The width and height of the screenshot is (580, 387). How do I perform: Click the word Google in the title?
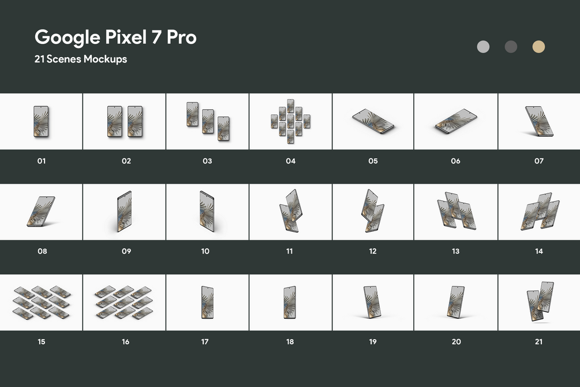click(68, 38)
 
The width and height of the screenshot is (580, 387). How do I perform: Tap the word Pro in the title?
click(181, 37)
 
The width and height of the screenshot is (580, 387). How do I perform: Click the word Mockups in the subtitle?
click(105, 59)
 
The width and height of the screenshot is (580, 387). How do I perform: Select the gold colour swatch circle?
click(538, 47)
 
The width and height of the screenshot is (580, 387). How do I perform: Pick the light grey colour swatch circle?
click(483, 47)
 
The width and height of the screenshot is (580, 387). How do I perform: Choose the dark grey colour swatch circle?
click(511, 47)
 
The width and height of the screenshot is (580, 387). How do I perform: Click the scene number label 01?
click(42, 161)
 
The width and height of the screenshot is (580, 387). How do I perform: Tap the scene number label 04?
click(290, 161)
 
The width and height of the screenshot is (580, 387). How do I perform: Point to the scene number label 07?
click(539, 161)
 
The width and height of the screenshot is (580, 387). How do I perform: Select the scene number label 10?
click(205, 251)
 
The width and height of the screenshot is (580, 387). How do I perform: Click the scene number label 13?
click(456, 251)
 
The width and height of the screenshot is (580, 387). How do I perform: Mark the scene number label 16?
click(126, 341)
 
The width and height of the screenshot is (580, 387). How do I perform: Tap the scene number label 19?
click(373, 341)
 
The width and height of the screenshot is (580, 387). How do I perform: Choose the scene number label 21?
click(538, 341)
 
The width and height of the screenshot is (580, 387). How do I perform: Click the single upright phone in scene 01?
click(41, 121)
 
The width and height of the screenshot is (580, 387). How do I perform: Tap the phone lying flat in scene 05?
click(373, 121)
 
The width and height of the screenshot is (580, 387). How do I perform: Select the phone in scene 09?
click(124, 211)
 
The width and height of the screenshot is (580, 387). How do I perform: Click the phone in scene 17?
click(207, 302)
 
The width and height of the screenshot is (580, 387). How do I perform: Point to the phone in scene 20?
click(455, 302)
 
